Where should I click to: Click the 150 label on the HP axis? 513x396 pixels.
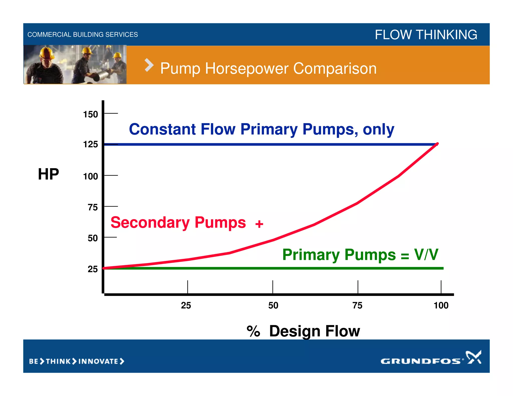pyautogui.click(x=90, y=114)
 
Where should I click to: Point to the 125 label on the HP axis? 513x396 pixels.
pyautogui.click(x=90, y=144)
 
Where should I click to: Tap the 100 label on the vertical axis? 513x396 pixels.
pyautogui.click(x=90, y=176)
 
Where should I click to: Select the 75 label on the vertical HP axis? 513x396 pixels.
pyautogui.click(x=93, y=207)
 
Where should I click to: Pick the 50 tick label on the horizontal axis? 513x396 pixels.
pyautogui.click(x=273, y=305)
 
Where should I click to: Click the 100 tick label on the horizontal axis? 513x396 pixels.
pyautogui.click(x=441, y=305)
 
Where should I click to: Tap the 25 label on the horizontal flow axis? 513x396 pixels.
pyautogui.click(x=186, y=305)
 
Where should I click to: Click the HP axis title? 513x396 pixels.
pyautogui.click(x=48, y=174)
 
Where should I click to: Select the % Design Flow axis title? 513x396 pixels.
pyautogui.click(x=303, y=331)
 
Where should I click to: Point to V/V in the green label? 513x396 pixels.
pyautogui.click(x=426, y=255)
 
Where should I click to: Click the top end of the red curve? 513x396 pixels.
pyautogui.click(x=437, y=144)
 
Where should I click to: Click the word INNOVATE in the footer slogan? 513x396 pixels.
pyautogui.click(x=98, y=361)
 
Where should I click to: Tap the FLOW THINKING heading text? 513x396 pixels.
pyautogui.click(x=426, y=35)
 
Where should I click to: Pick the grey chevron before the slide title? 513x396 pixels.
pyautogui.click(x=149, y=65)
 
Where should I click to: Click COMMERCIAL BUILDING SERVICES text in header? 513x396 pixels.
pyautogui.click(x=83, y=35)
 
